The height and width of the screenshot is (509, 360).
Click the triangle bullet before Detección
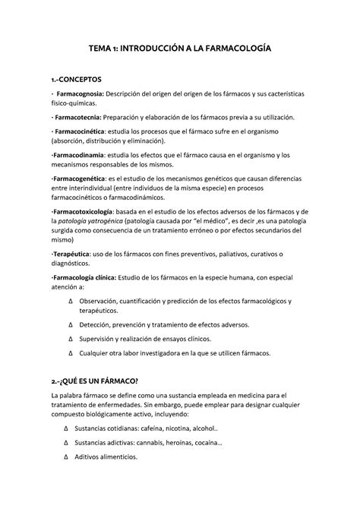70,323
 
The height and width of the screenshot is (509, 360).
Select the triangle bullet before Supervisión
70,338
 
